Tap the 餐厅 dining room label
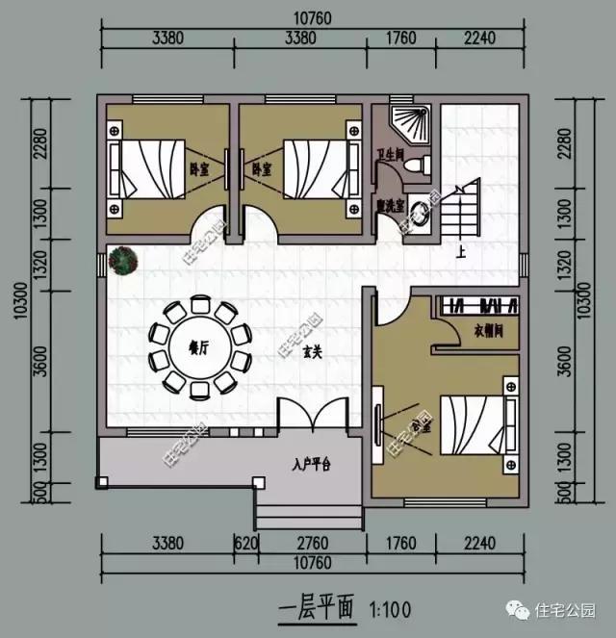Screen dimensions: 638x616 pyautogui.click(x=198, y=346)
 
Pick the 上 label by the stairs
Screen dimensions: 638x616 pyautogui.click(x=461, y=254)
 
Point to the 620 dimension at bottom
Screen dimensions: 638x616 pyautogui.click(x=247, y=542)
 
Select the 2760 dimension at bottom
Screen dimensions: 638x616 pyautogui.click(x=310, y=542)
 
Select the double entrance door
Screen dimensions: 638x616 pyautogui.click(x=311, y=415)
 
